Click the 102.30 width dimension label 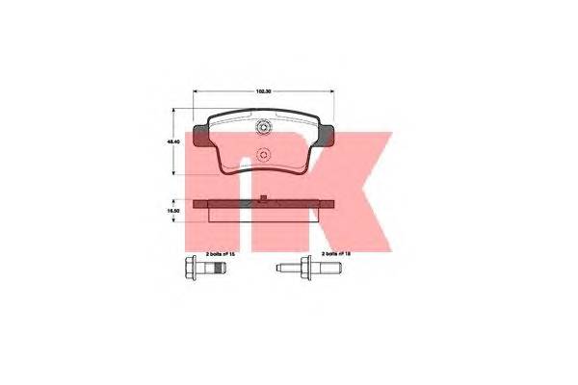[x=261, y=91]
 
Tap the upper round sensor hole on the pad [x=263, y=129]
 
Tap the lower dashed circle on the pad [x=263, y=151]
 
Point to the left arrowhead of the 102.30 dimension [x=197, y=91]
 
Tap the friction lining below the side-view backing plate [x=262, y=213]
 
